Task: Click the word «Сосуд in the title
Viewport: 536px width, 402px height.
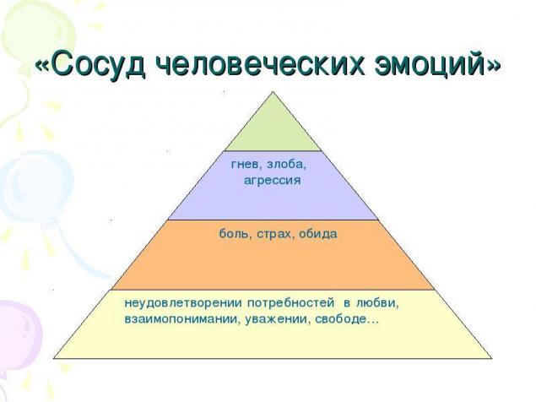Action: pyautogui.click(x=91, y=64)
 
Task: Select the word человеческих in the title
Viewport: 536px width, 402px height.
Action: pyautogui.click(x=261, y=64)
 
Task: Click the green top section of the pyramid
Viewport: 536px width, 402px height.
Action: pyautogui.click(x=273, y=128)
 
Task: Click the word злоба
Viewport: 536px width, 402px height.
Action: pyautogui.click(x=286, y=164)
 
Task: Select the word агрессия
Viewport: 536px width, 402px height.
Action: pyautogui.click(x=273, y=180)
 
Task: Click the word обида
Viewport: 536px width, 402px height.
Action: pyautogui.click(x=318, y=234)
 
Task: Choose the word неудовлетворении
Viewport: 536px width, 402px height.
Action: pyautogui.click(x=183, y=303)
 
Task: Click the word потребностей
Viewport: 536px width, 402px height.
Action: pyautogui.click(x=290, y=303)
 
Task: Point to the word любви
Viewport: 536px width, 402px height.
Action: pyautogui.click(x=377, y=303)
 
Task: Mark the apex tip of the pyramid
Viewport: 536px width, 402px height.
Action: pyautogui.click(x=273, y=91)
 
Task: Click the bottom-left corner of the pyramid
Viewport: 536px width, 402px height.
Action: pyautogui.click(x=54, y=358)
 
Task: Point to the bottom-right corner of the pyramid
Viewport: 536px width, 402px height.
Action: pyautogui.click(x=492, y=358)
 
